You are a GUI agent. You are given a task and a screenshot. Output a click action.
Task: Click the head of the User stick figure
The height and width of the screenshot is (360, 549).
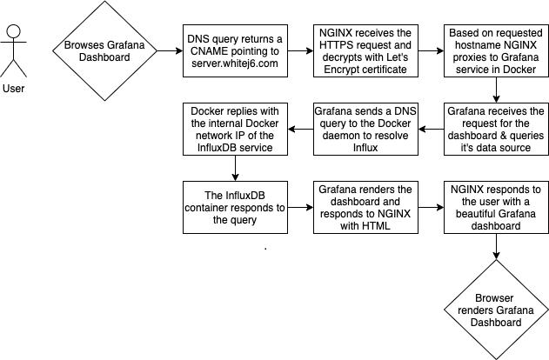(13, 33)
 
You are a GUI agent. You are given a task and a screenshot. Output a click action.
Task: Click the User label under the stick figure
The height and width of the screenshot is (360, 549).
(14, 88)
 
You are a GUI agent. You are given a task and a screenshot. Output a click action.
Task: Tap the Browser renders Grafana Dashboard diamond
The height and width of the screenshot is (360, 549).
(496, 310)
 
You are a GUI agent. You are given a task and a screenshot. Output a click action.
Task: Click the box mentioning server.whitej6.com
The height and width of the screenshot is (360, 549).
(236, 50)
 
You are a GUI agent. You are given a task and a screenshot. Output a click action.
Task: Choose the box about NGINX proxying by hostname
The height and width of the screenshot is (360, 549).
(496, 50)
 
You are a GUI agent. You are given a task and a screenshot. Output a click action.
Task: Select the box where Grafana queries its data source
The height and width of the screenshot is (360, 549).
(496, 129)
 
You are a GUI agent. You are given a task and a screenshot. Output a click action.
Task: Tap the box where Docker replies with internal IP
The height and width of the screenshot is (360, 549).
(236, 129)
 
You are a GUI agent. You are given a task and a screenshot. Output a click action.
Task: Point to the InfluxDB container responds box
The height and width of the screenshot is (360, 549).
(236, 208)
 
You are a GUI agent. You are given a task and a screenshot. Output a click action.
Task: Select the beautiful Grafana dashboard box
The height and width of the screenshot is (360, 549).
(496, 208)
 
